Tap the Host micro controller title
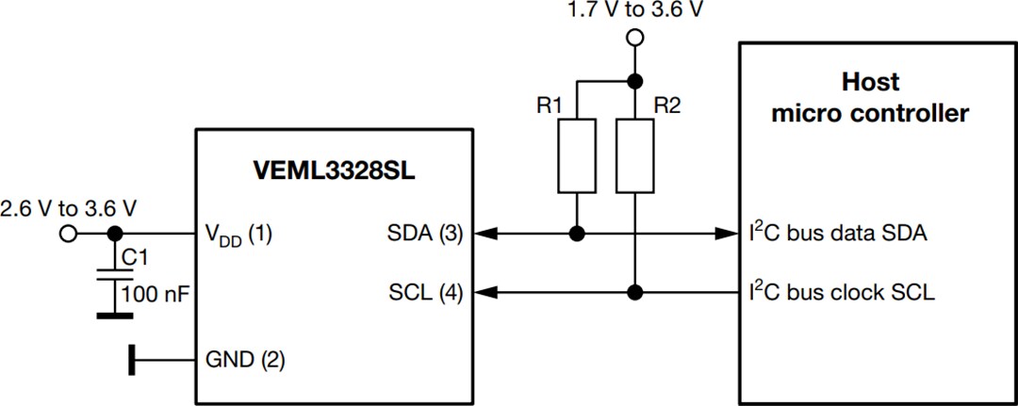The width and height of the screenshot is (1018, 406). pos(870,99)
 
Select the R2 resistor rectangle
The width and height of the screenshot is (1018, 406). pos(636,155)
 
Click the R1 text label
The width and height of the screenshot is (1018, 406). pos(550,106)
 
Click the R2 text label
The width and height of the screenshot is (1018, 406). pos(666,106)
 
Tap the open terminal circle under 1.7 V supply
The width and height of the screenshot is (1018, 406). pos(635,38)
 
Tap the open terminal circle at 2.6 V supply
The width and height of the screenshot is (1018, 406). pos(67,234)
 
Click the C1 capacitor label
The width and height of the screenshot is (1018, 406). pos(137,256)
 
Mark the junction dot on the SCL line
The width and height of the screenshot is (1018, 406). pos(636,292)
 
